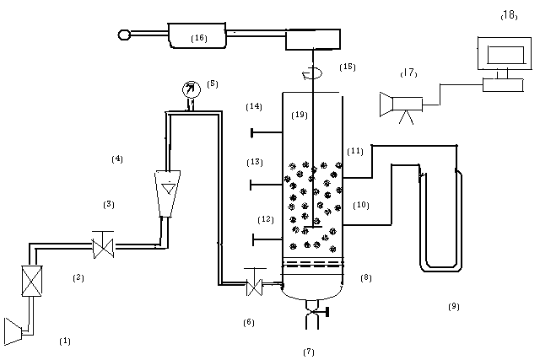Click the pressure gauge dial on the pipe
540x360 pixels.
tap(192, 90)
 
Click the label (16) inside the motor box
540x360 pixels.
tap(199, 38)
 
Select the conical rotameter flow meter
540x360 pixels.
tap(168, 193)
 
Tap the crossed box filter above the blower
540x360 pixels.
tap(32, 281)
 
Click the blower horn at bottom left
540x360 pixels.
tap(13, 331)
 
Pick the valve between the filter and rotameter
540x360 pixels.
tap(103, 245)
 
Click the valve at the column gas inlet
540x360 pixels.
tap(255, 283)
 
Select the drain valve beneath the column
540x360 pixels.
tap(314, 312)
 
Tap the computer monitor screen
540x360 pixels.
tap(505, 54)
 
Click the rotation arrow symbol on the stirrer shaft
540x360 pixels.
tap(312, 73)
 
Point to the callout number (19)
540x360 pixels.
tap(300, 115)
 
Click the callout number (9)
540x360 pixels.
tap(454, 306)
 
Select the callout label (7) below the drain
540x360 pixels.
tap(309, 352)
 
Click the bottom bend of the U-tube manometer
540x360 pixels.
tap(440, 268)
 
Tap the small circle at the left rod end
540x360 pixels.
tap(124, 35)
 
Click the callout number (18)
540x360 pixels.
tap(509, 15)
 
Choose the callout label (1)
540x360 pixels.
tap(65, 341)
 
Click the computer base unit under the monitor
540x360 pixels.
tap(503, 85)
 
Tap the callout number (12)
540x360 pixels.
tap(266, 219)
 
